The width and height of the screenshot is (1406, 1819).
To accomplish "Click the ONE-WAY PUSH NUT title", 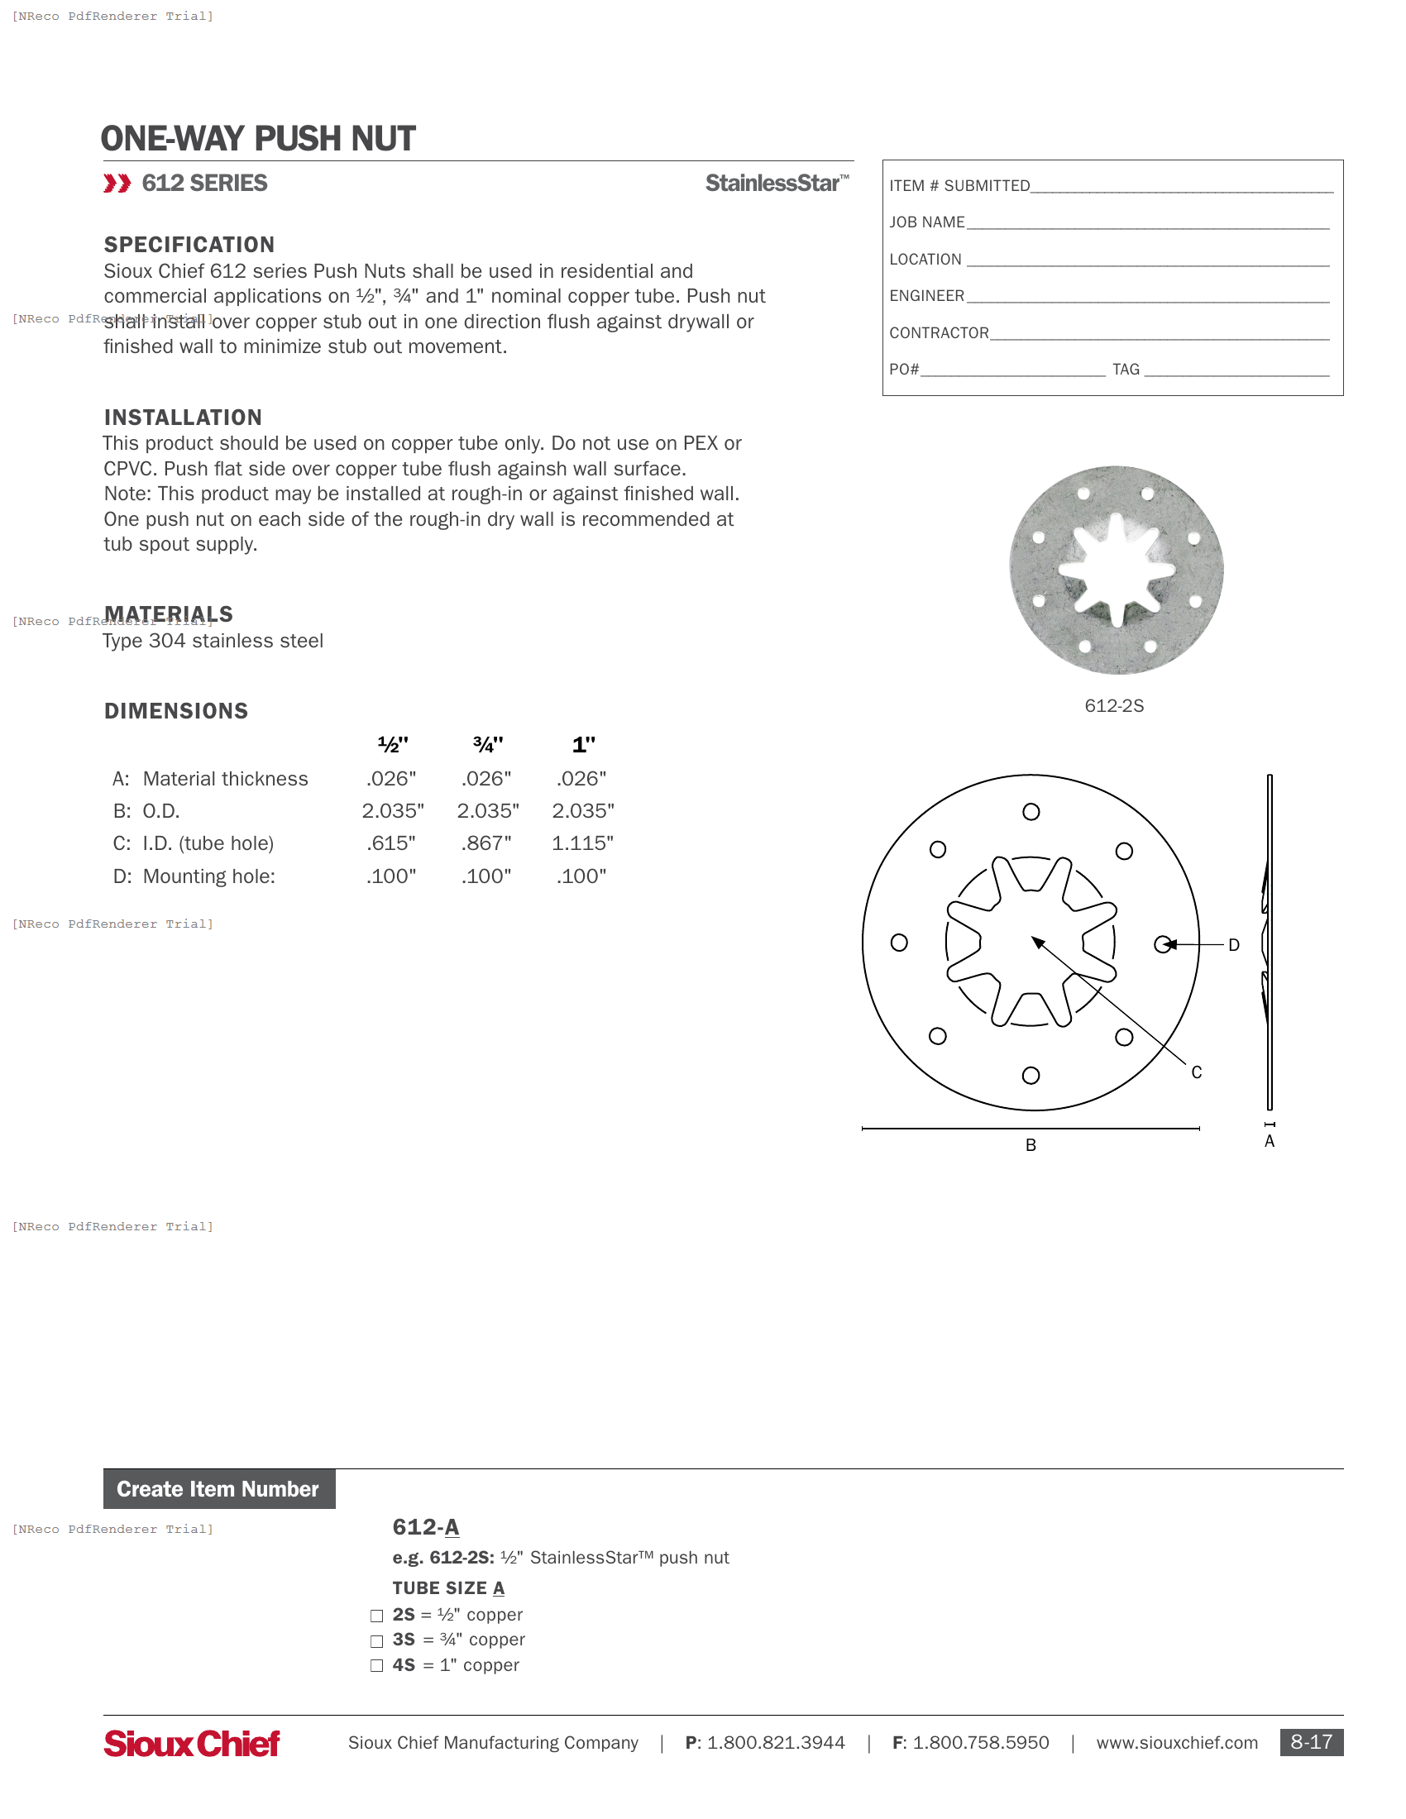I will (258, 138).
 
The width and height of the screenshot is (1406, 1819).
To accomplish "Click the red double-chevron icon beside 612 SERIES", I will (117, 184).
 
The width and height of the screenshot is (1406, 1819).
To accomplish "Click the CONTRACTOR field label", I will (939, 333).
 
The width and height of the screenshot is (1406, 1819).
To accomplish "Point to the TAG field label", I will (1126, 370).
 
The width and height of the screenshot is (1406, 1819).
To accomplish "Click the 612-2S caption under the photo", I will (1114, 706).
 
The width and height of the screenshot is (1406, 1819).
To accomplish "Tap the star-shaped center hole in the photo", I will (1117, 571).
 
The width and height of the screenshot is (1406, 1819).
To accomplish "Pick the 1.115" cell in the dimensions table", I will (582, 843).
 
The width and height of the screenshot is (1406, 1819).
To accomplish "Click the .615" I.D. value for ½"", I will (390, 843).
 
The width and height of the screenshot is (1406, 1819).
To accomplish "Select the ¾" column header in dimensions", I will (487, 745).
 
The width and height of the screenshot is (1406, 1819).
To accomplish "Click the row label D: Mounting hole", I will (194, 877).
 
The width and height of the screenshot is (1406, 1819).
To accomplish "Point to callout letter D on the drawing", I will (1234, 945).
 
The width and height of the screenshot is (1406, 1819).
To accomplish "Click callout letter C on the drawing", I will (1196, 1072).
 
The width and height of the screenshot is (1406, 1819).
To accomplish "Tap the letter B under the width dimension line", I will (1031, 1145).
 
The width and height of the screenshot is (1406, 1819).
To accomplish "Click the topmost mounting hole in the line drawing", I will (1031, 812).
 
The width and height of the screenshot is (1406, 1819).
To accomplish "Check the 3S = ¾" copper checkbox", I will (376, 1640).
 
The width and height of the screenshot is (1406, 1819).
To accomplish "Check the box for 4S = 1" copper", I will (376, 1666).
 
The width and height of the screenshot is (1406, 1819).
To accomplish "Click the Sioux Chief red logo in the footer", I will (192, 1743).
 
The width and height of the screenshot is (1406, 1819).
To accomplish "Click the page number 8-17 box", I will (1310, 1742).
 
